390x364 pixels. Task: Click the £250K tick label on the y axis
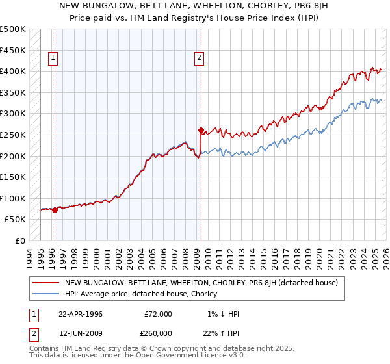[x=13, y=135]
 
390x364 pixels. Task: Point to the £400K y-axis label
[x=13, y=71]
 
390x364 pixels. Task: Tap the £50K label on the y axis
[x=15, y=220]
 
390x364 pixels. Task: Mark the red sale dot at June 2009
[x=201, y=129]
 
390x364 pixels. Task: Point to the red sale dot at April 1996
[x=55, y=210]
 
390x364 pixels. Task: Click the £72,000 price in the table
[x=159, y=314]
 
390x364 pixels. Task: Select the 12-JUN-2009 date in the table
[x=81, y=333]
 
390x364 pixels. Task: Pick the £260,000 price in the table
[x=159, y=333]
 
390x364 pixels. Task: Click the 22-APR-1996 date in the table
[x=81, y=314]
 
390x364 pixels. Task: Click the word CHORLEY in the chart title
[x=263, y=6]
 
